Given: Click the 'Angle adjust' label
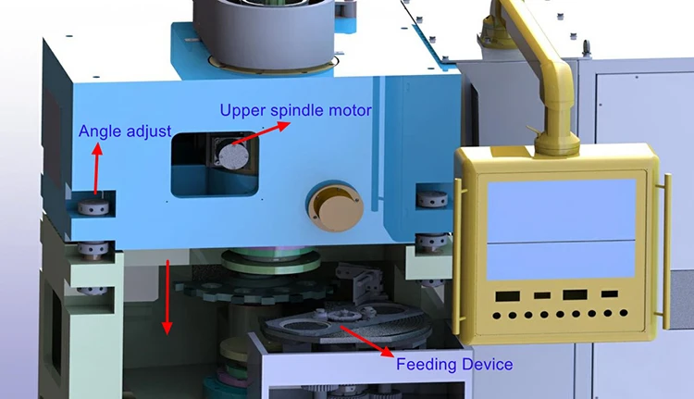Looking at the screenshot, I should pos(124,131).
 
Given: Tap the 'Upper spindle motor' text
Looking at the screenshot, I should pos(295,110).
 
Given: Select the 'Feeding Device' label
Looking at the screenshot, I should pos(453,364).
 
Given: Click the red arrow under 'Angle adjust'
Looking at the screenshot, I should pos(96,174).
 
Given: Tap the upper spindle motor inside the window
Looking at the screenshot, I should pos(226,153).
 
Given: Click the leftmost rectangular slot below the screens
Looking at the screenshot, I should pos(506,296).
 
